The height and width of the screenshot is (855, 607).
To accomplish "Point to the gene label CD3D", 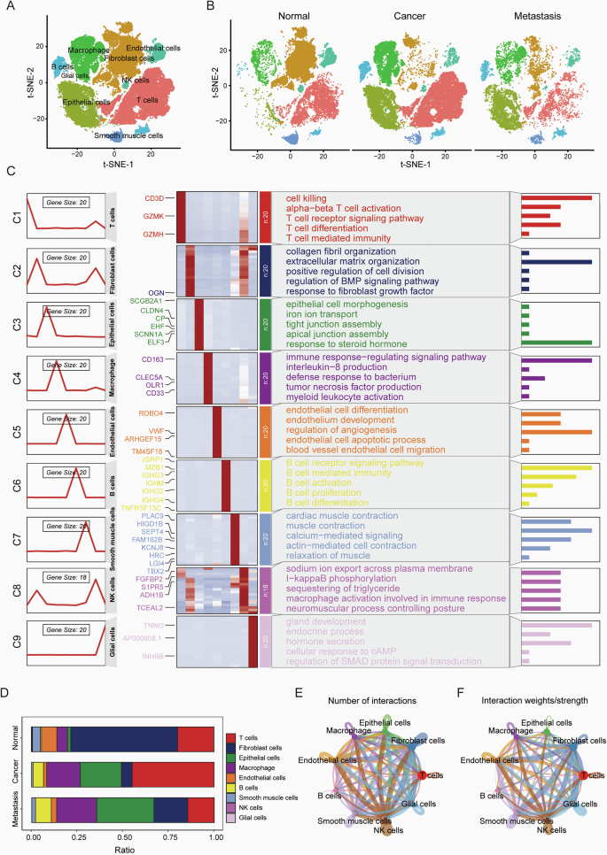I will pos(154,198).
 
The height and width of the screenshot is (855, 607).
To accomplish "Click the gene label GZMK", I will pos(153,217).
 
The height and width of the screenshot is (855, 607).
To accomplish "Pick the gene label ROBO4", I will pos(152,412).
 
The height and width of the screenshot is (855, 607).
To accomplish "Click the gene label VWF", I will pos(156,431).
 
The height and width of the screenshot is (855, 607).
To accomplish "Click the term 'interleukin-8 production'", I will pos(336,369).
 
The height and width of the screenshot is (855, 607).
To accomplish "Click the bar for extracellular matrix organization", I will pos(556,262).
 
